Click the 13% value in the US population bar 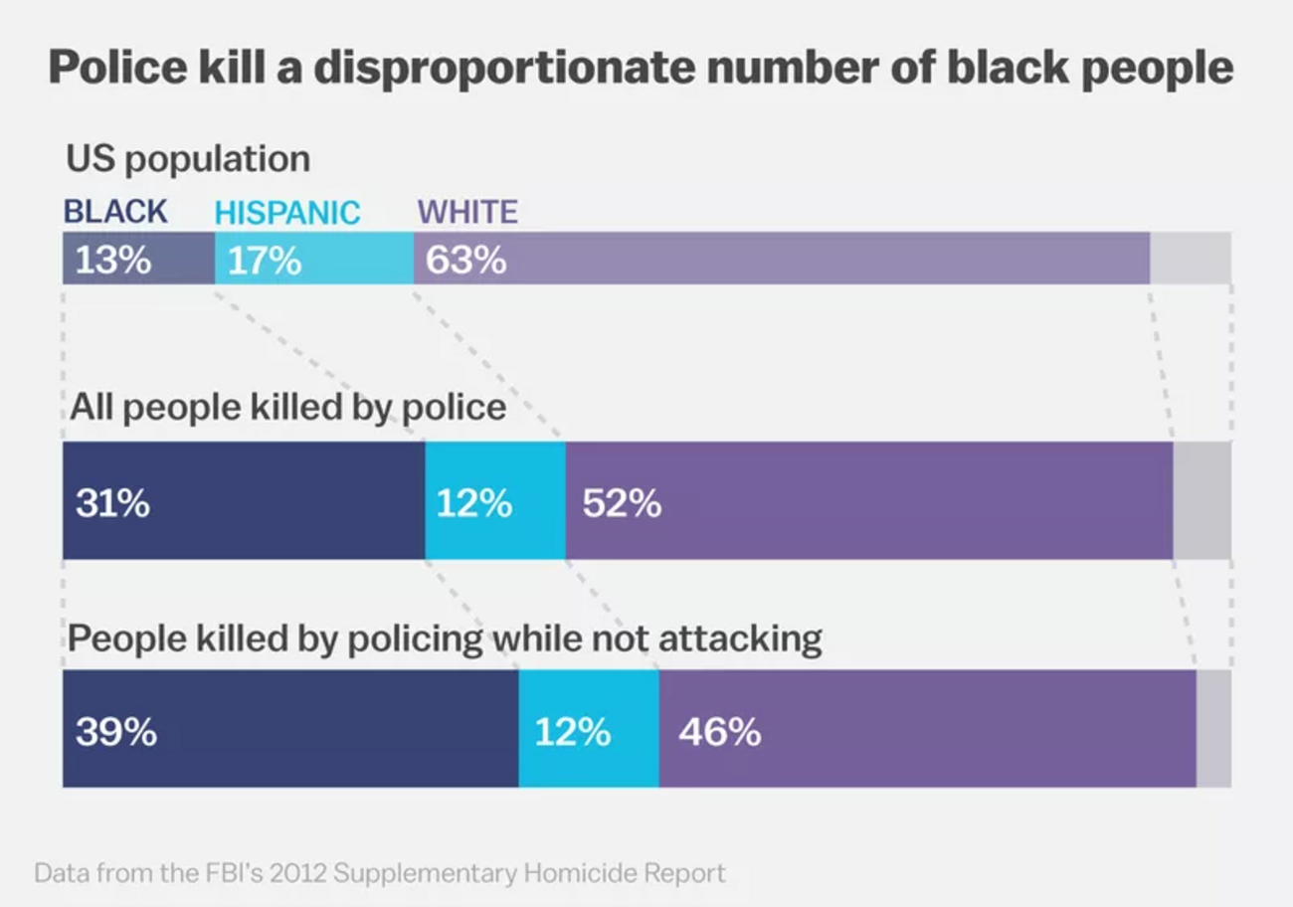[x=113, y=261]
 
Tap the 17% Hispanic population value [x=265, y=261]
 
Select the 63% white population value [x=465, y=261]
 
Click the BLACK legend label [x=115, y=212]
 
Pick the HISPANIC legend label [x=287, y=213]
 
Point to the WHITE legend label [x=467, y=212]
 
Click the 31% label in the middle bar [x=112, y=503]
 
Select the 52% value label [x=622, y=503]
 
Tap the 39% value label [x=115, y=732]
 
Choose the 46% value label [x=719, y=732]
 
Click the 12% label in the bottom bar [x=572, y=732]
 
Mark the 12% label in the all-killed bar [x=473, y=503]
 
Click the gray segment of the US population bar [x=1190, y=259]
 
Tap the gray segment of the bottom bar [x=1212, y=728]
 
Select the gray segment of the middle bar [x=1201, y=500]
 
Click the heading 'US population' [x=188, y=159]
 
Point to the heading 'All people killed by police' [x=287, y=408]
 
